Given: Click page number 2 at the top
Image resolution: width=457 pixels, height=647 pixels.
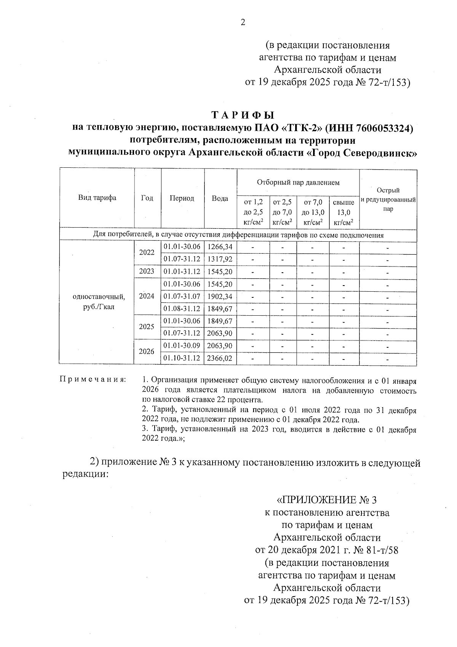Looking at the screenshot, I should pyautogui.click(x=243, y=22).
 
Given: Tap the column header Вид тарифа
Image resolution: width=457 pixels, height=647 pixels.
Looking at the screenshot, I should pyautogui.click(x=97, y=197).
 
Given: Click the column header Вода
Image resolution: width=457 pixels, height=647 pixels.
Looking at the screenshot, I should pyautogui.click(x=220, y=198).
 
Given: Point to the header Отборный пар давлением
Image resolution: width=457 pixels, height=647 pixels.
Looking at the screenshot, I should pyautogui.click(x=298, y=183).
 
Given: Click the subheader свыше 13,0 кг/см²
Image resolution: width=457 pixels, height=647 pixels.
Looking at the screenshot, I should pyautogui.click(x=344, y=212).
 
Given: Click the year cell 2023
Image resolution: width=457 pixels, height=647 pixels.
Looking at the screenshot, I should pyautogui.click(x=147, y=271).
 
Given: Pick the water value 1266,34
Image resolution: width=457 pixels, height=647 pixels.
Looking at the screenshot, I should pyautogui.click(x=220, y=247).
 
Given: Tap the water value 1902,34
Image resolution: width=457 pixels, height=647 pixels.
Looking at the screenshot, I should pyautogui.click(x=220, y=296).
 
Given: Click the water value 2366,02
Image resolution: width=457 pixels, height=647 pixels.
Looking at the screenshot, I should pyautogui.click(x=220, y=358).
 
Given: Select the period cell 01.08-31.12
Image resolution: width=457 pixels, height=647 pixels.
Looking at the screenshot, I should pyautogui.click(x=182, y=308).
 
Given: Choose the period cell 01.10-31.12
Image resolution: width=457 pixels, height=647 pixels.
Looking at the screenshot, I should pyautogui.click(x=182, y=358).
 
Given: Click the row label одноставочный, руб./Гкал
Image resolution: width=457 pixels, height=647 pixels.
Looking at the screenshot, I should pyautogui.click(x=99, y=301).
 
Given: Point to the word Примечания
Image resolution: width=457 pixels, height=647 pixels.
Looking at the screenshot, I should pyautogui.click(x=93, y=380).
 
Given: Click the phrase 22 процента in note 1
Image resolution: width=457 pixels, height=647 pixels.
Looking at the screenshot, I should pyautogui.click(x=243, y=400).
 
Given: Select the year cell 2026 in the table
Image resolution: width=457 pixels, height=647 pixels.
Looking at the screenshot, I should pyautogui.click(x=147, y=352).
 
